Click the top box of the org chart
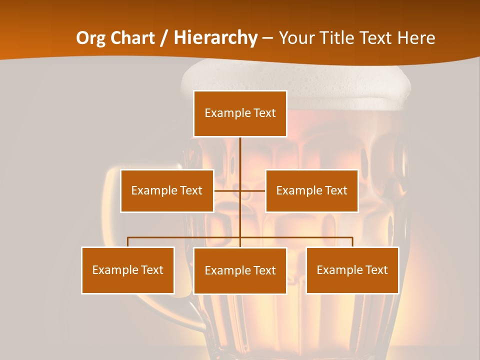tap(240, 113)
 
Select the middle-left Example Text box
tap(167, 190)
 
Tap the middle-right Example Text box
tap(311, 190)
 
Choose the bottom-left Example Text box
tap(128, 270)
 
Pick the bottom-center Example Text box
tap(240, 270)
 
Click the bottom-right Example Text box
tap(352, 270)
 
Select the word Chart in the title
tap(131, 38)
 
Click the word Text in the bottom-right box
tap(376, 270)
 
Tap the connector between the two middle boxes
tap(240, 190)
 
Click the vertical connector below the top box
tap(240, 152)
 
